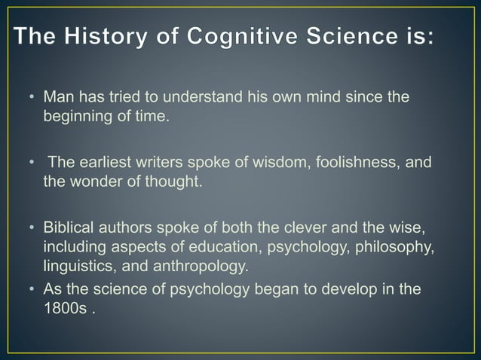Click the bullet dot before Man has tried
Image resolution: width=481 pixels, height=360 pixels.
pyautogui.click(x=32, y=99)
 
